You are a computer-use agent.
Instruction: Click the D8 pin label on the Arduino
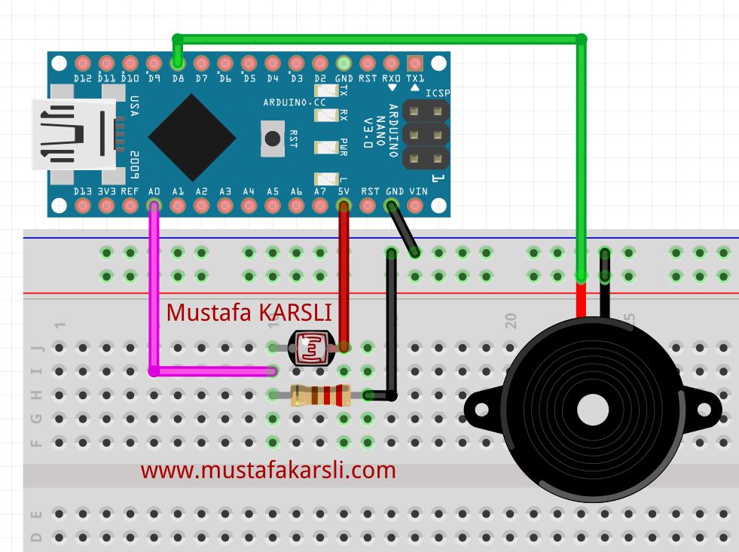(x=178, y=78)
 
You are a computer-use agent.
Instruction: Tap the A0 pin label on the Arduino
(x=154, y=191)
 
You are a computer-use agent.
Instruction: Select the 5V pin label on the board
(x=344, y=191)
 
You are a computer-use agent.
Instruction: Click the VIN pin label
(x=417, y=191)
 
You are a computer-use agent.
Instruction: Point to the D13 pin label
(x=83, y=191)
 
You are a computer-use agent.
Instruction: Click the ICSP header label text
(x=437, y=93)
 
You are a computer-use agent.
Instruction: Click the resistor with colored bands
(x=320, y=395)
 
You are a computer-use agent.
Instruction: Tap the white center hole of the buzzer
(x=592, y=410)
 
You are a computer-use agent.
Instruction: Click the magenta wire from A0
(x=154, y=301)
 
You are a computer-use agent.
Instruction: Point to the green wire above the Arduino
(x=377, y=38)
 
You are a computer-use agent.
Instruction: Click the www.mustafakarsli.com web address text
(x=268, y=471)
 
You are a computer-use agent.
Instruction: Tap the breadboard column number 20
(x=511, y=321)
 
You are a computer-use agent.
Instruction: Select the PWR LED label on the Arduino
(x=344, y=146)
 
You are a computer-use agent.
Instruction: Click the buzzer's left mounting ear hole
(x=479, y=410)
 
